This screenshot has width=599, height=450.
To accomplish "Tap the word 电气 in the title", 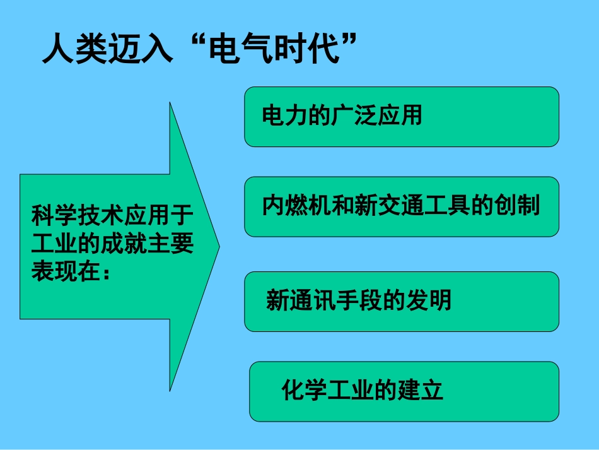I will click(x=240, y=49).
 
